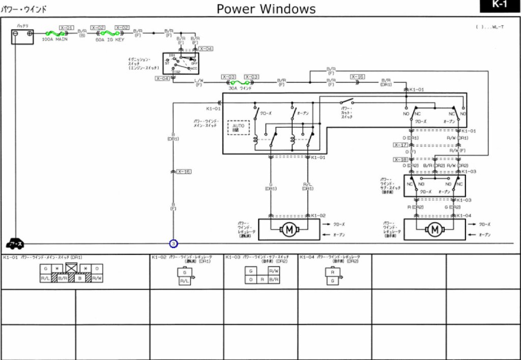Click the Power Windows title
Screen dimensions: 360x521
point(266,9)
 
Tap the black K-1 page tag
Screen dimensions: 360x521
point(499,6)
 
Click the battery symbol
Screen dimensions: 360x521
point(23,37)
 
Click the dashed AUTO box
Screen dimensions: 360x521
point(239,127)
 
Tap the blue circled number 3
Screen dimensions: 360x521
point(173,244)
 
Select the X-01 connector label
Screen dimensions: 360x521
point(67,27)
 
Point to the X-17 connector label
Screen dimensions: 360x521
point(401,145)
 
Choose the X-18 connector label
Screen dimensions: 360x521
point(401,160)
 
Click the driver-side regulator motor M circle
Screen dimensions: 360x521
point(289,230)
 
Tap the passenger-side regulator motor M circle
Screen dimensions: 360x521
point(434,230)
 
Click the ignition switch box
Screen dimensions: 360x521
point(177,64)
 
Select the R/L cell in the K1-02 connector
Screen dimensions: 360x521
point(185,281)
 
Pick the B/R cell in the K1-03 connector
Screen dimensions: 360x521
point(273,280)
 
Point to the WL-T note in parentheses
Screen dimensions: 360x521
point(489,27)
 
